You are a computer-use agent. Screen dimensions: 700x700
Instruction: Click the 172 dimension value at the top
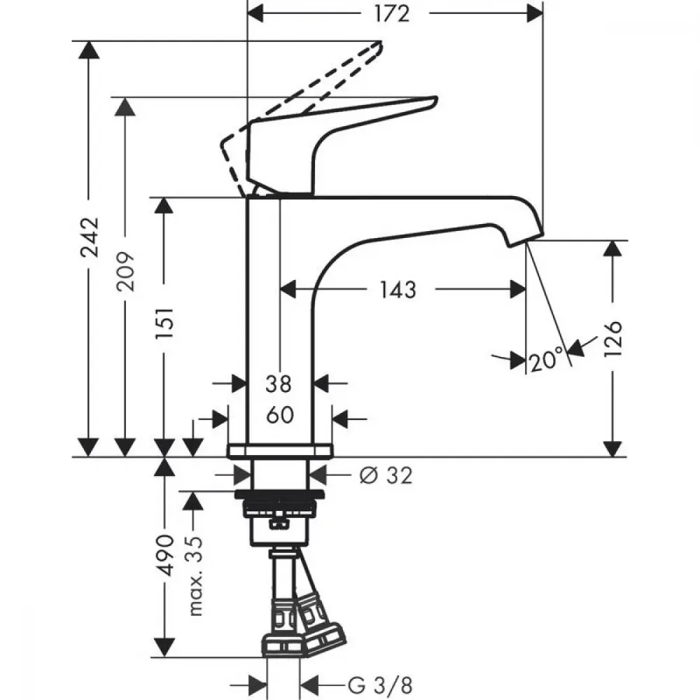[x=391, y=14]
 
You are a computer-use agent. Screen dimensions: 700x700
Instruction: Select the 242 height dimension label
[x=90, y=237]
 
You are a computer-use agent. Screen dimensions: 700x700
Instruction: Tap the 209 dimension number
[x=125, y=272]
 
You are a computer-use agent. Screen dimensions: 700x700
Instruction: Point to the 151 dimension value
[x=164, y=323]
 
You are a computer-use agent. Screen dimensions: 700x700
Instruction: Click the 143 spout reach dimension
[x=398, y=289]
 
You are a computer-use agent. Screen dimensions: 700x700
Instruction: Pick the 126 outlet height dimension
[x=613, y=338]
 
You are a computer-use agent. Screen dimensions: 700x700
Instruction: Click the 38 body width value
[x=279, y=384]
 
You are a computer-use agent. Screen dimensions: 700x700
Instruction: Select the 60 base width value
[x=280, y=415]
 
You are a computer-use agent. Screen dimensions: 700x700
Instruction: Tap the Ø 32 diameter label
[x=386, y=475]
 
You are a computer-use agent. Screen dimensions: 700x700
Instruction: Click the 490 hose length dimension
[x=164, y=555]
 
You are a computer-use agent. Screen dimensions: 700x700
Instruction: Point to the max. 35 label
[x=195, y=576]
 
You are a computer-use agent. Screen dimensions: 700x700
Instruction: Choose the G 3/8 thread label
[x=380, y=685]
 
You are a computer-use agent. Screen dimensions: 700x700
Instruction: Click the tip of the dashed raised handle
[x=381, y=42]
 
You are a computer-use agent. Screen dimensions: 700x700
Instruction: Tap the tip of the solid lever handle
[x=436, y=97]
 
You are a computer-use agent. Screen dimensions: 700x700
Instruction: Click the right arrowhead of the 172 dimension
[x=535, y=14]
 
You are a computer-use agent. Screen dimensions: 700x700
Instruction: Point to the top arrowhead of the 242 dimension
[x=90, y=50]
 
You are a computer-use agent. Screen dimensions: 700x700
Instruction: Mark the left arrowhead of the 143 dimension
[x=288, y=289]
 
